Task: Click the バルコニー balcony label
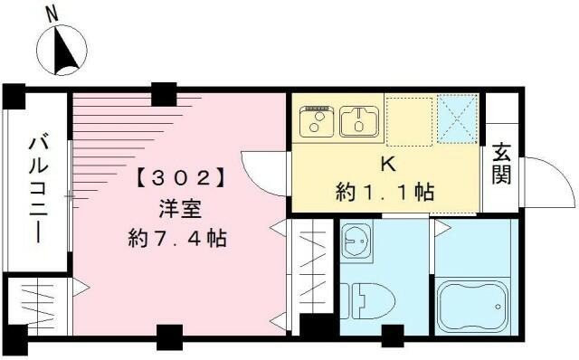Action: [38, 189]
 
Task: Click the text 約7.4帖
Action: [177, 240]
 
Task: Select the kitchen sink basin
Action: [361, 121]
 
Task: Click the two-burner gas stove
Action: [318, 120]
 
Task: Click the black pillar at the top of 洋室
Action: [163, 92]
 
